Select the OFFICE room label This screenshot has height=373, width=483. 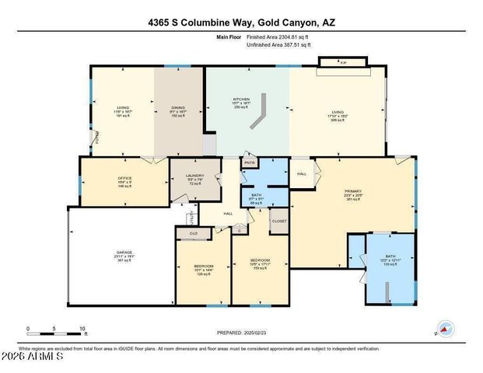pos(124,179)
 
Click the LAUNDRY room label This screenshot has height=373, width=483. pos(194,176)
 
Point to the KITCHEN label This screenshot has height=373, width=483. pos(242,99)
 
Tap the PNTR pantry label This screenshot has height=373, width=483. pos(250,163)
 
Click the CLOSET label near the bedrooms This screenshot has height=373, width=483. pos(278,221)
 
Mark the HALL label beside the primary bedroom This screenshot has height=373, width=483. pos(302,174)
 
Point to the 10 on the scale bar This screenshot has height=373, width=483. pos(81,329)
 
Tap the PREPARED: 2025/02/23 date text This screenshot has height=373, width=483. pos(243,332)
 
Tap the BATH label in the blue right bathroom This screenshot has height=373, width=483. pos(390,256)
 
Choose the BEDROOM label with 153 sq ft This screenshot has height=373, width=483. pos(259,260)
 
